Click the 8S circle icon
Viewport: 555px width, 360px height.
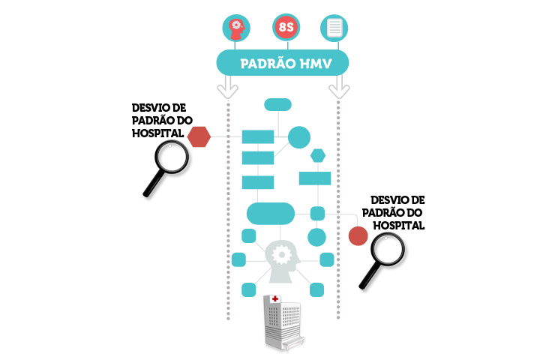point(286,28)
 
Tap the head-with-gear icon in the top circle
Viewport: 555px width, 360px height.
point(236,28)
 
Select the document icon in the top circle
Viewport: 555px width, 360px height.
point(334,28)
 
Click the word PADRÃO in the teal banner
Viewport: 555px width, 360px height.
point(267,64)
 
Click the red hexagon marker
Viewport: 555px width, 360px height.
point(199,136)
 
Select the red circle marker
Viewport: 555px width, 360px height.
point(358,235)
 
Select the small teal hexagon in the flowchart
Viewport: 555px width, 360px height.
point(319,155)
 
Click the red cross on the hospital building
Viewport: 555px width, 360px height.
point(275,299)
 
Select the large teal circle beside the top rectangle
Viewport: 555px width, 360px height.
point(299,137)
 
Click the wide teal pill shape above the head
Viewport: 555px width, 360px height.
point(270,214)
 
